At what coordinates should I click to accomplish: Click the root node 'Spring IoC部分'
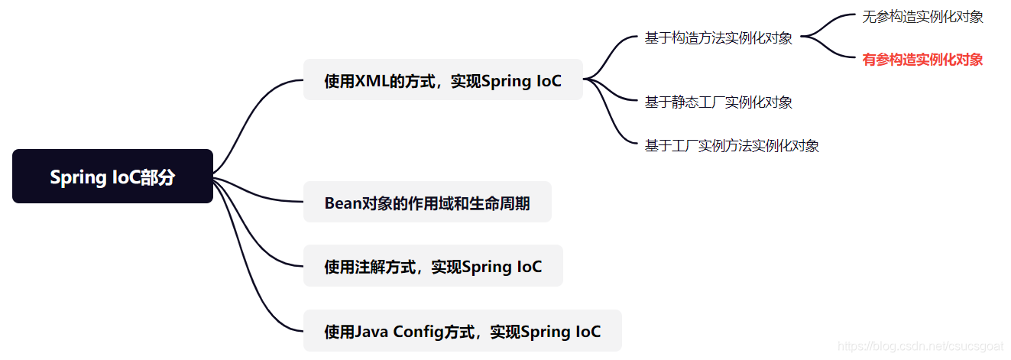pos(112,177)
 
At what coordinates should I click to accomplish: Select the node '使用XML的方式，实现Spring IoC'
pos(442,80)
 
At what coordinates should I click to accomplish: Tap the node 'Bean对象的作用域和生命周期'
pos(426,203)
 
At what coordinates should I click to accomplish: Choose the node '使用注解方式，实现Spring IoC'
pos(433,266)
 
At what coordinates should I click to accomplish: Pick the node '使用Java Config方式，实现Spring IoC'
pos(462,331)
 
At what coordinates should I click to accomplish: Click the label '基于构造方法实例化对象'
pos(718,38)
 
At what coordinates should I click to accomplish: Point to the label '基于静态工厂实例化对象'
pos(718,102)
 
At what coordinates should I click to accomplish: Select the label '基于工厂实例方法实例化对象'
pos(731,146)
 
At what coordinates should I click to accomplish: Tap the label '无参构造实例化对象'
pos(922,17)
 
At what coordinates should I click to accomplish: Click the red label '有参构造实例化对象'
pos(922,60)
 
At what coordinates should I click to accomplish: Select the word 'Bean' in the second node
pos(342,203)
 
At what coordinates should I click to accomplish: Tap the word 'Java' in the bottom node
pos(371,332)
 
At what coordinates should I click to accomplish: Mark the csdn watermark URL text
pos(920,346)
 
